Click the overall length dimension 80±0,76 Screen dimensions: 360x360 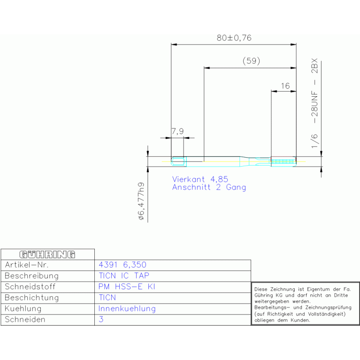click(234, 38)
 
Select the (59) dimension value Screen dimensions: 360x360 click(252, 61)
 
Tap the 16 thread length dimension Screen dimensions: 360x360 click(285, 86)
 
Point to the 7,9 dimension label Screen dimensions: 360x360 click(178, 131)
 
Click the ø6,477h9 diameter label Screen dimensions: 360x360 click(141, 201)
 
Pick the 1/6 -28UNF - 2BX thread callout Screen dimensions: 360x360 click(314, 103)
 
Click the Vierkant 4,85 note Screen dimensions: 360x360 click(200, 179)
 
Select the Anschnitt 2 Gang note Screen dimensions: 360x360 click(209, 187)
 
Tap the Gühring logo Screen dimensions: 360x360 click(47, 254)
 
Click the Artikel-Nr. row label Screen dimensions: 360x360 click(27, 265)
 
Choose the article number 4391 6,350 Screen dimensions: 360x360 click(123, 265)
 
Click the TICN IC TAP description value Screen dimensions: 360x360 click(124, 276)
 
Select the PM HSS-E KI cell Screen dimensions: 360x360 click(127, 286)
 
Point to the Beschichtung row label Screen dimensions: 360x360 click(32, 298)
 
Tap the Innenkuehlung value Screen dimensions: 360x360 click(127, 308)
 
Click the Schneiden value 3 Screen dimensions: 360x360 click(101, 319)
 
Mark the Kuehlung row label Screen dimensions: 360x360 click(23, 308)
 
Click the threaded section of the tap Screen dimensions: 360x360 click(283, 161)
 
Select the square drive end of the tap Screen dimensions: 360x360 click(178, 161)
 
